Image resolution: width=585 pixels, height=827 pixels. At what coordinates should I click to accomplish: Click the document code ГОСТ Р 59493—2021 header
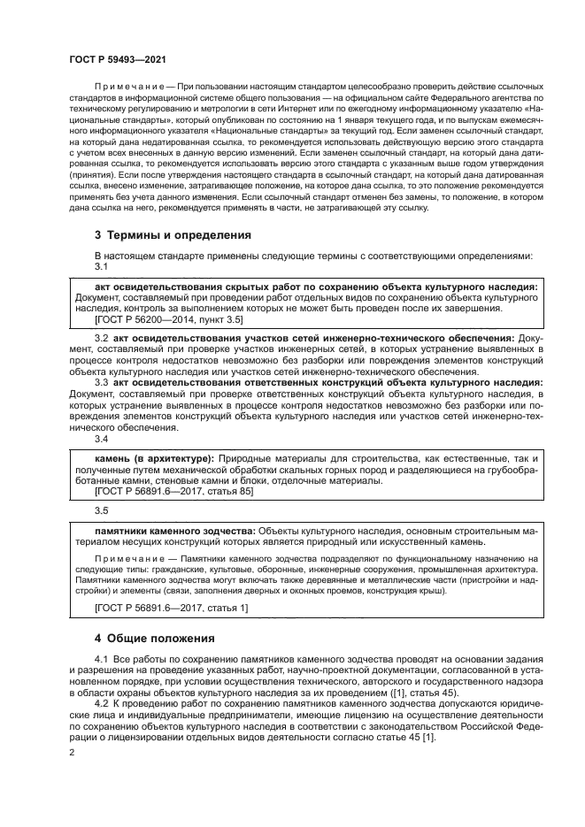pos(118,58)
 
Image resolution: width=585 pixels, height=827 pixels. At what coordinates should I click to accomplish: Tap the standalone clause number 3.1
pos(101,266)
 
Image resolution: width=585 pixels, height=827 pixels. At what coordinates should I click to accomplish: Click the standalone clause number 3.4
pos(101,439)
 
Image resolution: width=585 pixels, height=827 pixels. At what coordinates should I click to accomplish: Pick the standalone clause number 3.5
pos(101,510)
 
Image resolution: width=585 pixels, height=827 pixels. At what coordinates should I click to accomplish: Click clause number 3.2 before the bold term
pos(101,338)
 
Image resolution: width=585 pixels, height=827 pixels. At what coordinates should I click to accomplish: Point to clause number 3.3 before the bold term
pos(101,381)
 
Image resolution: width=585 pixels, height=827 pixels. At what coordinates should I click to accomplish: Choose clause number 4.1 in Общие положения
pos(101,662)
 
